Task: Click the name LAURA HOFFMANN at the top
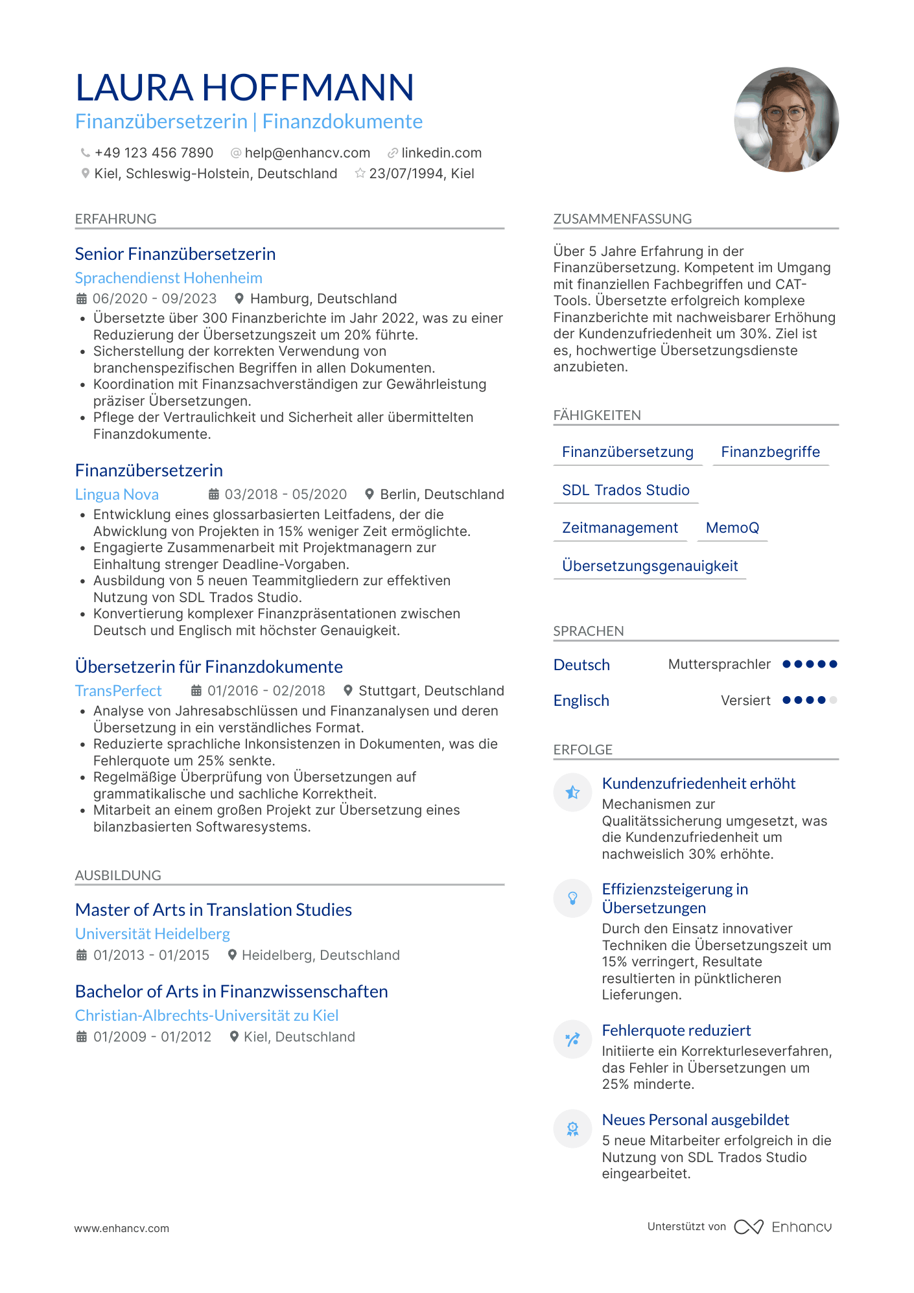[244, 87]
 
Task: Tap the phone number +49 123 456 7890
[154, 153]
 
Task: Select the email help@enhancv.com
[307, 153]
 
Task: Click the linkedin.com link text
[441, 153]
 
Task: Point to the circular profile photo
[786, 119]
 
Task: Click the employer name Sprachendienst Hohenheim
[169, 278]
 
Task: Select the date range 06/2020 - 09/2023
[154, 299]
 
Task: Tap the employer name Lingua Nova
[117, 495]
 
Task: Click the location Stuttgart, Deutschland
[431, 691]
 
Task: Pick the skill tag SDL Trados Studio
[626, 491]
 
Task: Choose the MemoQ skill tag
[732, 528]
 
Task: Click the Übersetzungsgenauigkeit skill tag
[650, 566]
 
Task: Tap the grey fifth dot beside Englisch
[833, 700]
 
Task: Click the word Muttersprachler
[719, 664]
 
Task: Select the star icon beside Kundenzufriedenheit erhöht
[572, 792]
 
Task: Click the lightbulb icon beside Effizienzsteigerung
[572, 898]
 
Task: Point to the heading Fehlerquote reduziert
[676, 1031]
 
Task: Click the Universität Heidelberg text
[152, 934]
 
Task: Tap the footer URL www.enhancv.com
[121, 1228]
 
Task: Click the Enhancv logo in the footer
[783, 1227]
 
